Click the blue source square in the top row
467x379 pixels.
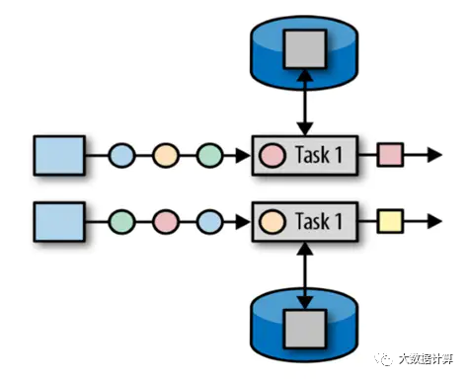coord(59,155)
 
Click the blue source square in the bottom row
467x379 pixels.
coord(59,222)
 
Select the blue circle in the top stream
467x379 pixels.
coord(121,155)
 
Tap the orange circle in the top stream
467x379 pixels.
coord(166,155)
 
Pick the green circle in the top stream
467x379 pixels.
coord(210,155)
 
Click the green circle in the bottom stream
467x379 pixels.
coord(121,222)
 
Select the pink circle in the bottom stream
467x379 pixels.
coord(166,222)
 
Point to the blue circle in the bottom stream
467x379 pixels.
coord(210,222)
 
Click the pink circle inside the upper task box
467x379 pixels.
coord(272,155)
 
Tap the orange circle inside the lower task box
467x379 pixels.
coord(272,222)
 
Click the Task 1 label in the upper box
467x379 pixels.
coord(319,155)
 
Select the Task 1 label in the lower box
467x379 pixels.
coord(319,221)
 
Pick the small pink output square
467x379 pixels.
coord(390,155)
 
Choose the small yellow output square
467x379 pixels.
coord(390,221)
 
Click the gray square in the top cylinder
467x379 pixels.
coord(305,49)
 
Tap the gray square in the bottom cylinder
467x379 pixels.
coord(305,329)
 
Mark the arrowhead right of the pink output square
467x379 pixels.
coord(434,155)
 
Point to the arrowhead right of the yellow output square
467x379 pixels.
coord(434,221)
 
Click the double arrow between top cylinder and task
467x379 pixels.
coord(305,103)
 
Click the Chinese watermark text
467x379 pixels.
coord(426,358)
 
